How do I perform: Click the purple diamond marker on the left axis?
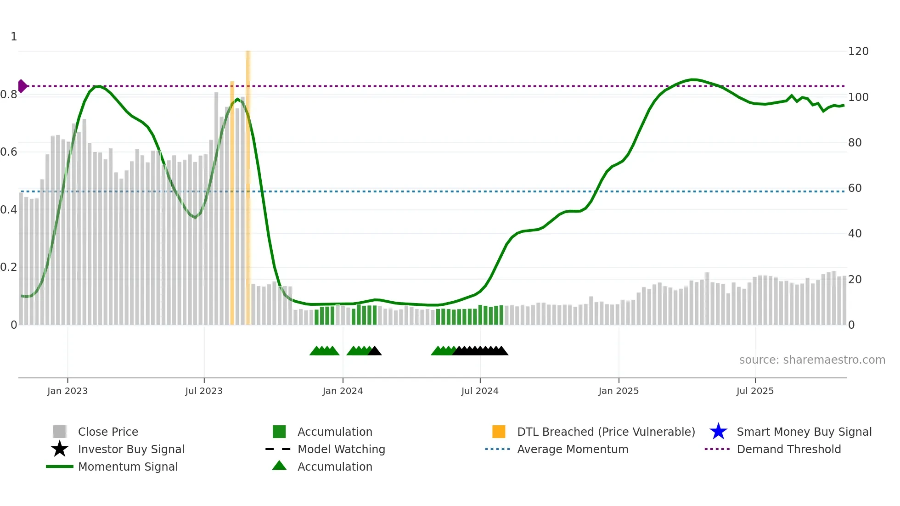22,86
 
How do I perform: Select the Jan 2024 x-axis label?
343,391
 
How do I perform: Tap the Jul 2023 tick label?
204,391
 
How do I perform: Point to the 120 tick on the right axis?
858,51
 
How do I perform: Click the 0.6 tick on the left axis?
9,152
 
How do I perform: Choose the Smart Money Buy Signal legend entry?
804,432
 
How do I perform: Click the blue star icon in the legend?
718,432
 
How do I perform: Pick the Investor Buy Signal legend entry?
131,449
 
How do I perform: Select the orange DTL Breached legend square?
499,432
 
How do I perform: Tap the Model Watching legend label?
341,449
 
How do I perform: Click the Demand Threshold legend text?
788,449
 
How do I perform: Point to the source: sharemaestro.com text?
812,360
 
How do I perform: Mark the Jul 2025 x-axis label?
755,391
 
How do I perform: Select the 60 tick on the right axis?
855,188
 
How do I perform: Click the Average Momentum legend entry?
572,449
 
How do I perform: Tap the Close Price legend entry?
108,432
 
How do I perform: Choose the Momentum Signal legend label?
128,467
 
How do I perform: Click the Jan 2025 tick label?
619,391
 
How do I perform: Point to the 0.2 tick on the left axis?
9,267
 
